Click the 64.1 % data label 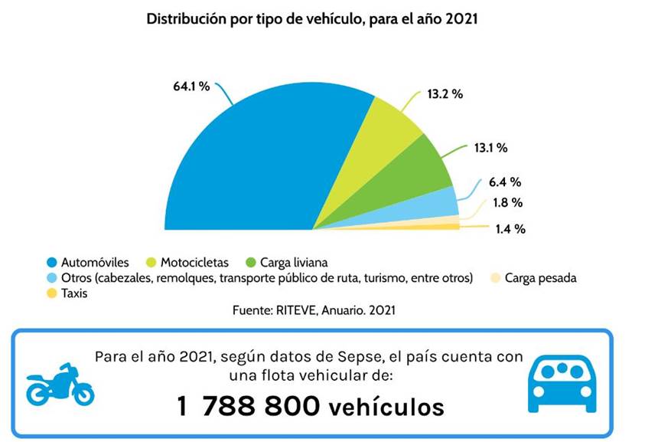(x=191, y=87)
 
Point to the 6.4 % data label (x=505, y=182)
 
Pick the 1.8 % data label (x=507, y=203)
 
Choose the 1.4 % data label (x=510, y=228)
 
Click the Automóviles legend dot (x=51, y=262)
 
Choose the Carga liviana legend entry (x=294, y=262)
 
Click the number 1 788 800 (x=248, y=405)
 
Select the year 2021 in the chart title (x=460, y=18)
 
